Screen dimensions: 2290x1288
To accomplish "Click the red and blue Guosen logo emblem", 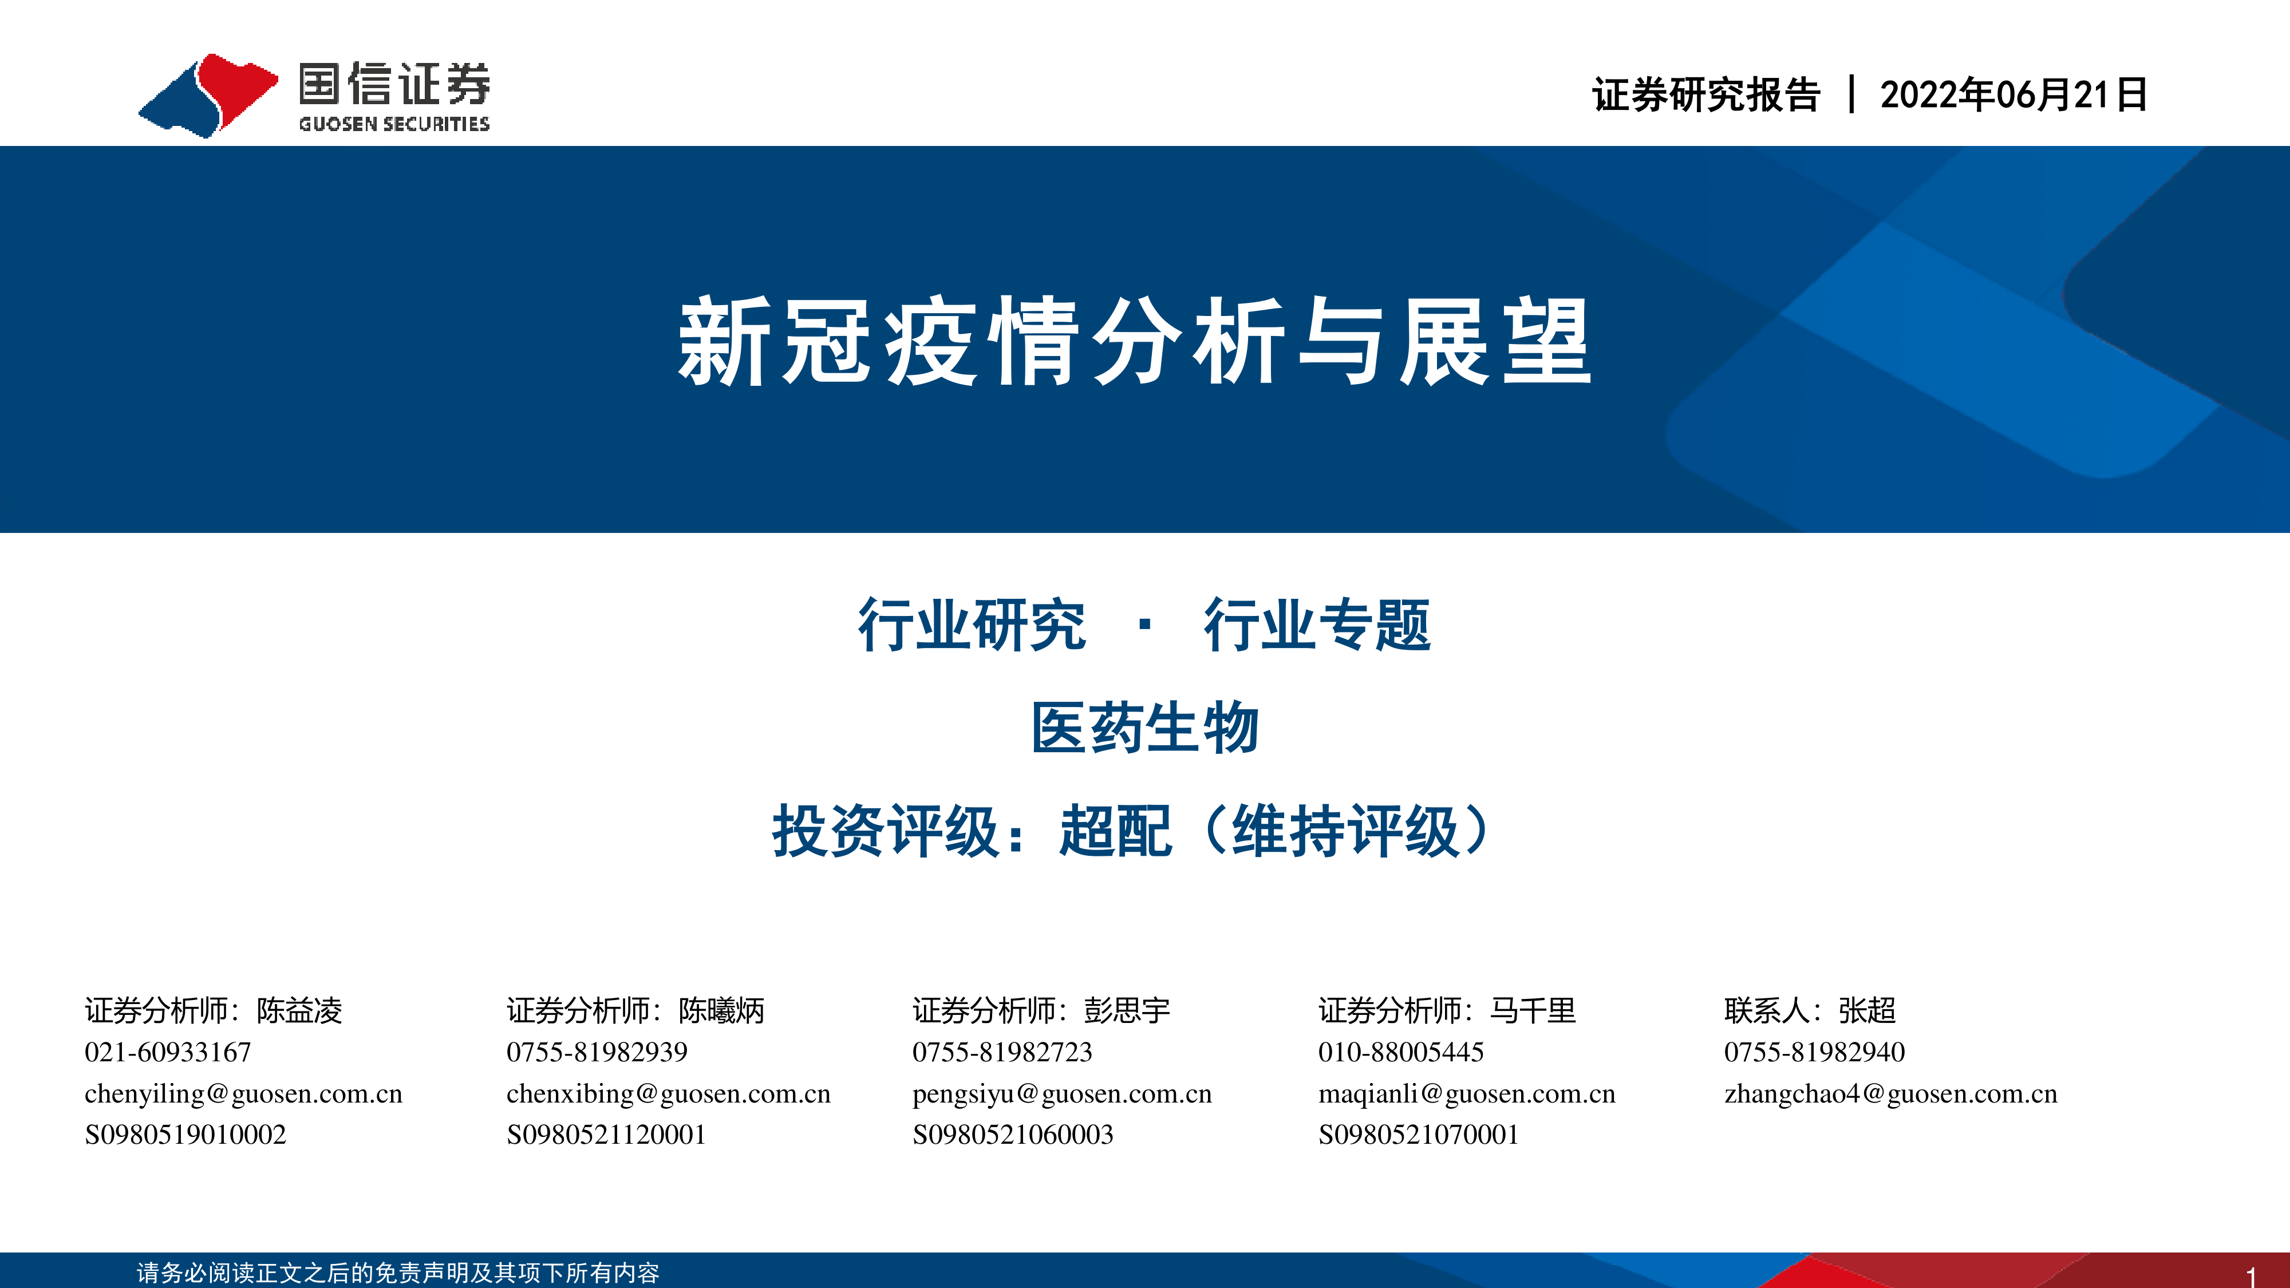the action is tap(208, 95).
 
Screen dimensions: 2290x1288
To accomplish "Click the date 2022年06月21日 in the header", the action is tap(2013, 95).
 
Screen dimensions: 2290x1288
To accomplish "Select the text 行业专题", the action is tap(1317, 625).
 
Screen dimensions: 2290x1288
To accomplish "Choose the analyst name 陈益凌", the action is tap(299, 1011).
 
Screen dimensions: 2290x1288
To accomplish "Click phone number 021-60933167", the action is tap(168, 1053).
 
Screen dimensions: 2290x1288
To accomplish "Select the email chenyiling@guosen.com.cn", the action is tap(243, 1094).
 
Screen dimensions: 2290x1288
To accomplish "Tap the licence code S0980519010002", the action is tap(186, 1135).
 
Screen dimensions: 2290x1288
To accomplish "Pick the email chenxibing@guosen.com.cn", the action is tap(669, 1094).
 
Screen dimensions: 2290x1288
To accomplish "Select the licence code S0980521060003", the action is tap(1013, 1135).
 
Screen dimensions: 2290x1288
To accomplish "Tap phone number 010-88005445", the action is tap(1401, 1053).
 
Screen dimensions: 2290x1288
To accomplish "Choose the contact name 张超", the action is tap(1867, 1011).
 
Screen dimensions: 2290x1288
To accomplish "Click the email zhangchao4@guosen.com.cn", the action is tap(1891, 1094).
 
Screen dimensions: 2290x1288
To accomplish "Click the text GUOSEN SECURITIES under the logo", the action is tap(394, 124).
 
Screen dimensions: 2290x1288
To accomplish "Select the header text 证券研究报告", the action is tap(1706, 95).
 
